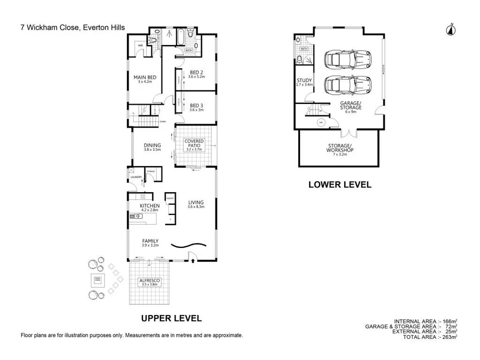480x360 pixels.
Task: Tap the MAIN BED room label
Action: point(145,78)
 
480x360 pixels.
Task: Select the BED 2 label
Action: point(196,73)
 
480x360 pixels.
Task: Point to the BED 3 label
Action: point(196,105)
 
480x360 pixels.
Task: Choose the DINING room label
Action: point(152,146)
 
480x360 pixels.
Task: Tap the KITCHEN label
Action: point(150,206)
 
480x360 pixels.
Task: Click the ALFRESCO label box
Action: point(150,281)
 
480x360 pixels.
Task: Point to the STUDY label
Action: point(304,81)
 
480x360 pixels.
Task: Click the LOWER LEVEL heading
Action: point(339,185)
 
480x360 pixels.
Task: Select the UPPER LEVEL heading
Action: point(172,318)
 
